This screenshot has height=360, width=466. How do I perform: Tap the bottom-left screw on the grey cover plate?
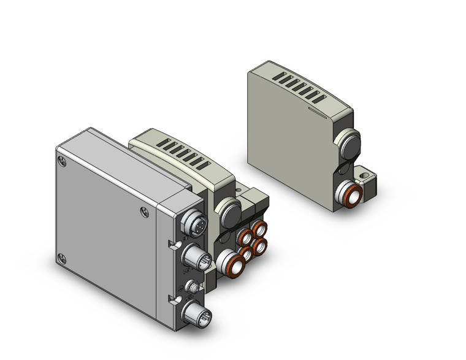[x=60, y=258]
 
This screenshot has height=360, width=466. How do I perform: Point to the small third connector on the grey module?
[x=191, y=286]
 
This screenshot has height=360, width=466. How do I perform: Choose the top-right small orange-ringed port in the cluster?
[x=259, y=229]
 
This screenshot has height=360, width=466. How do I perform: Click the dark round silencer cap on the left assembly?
[x=231, y=215]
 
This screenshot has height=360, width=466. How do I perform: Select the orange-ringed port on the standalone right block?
[x=349, y=196]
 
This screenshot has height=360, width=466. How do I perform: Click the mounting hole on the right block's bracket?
[x=367, y=177]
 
